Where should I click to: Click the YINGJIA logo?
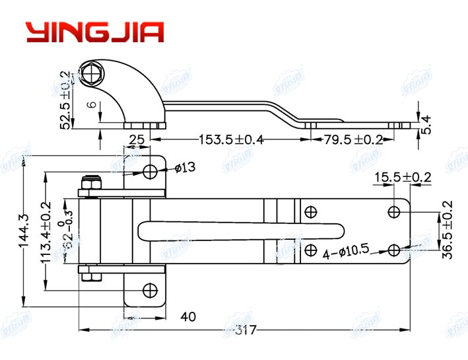pos(94,31)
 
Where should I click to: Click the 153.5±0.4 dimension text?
pos(230,140)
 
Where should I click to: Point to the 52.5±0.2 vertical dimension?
pos(65,100)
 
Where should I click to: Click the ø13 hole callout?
pos(185,168)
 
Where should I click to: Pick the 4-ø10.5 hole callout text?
pos(345,252)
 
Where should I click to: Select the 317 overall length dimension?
pos(245,330)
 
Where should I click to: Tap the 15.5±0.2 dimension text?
pos(403,177)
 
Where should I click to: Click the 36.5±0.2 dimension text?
pos(448,231)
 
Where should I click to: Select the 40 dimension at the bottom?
pos(187,317)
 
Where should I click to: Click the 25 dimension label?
pos(137,140)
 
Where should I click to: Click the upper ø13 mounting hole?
pos(150,172)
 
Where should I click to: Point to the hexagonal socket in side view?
pos(92,74)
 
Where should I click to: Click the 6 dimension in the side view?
pos(92,104)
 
